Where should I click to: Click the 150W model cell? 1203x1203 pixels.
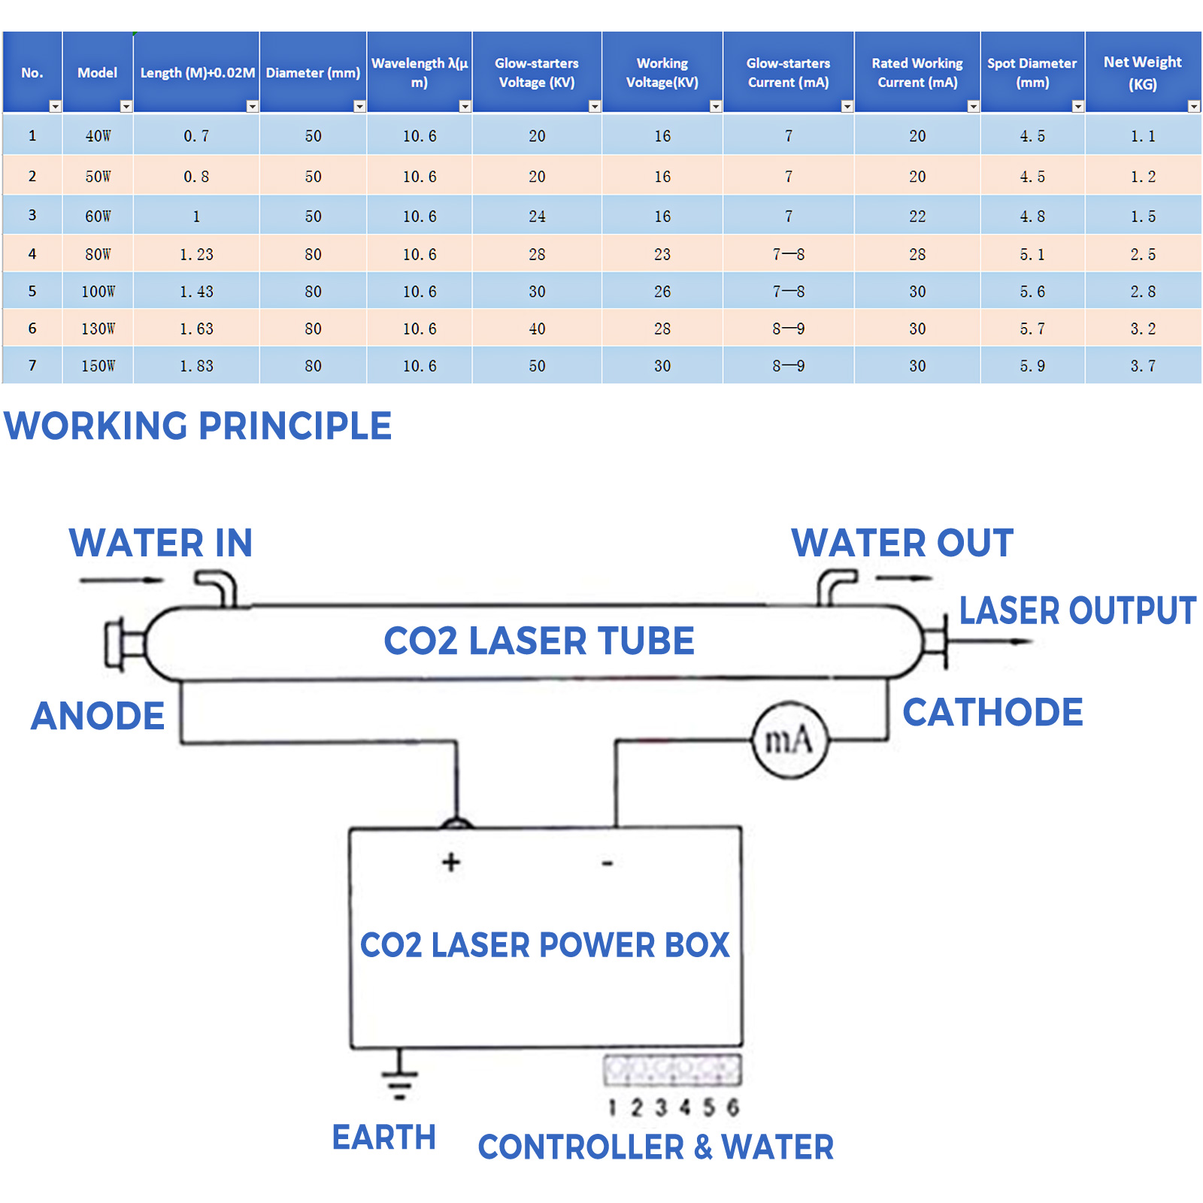[x=98, y=366]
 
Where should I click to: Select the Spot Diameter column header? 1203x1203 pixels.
[x=1032, y=73]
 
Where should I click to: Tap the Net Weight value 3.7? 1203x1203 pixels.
[x=1142, y=366]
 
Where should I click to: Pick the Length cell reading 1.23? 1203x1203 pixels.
[x=196, y=255]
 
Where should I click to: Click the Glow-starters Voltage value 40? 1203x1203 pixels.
[x=537, y=329]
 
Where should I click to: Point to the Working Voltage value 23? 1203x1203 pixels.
[x=662, y=255]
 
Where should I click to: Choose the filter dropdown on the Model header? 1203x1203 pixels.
[x=126, y=107]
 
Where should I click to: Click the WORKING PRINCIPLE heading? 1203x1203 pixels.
[x=198, y=426]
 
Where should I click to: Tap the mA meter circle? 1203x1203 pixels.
[x=789, y=741]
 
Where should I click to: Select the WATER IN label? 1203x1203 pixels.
[x=161, y=543]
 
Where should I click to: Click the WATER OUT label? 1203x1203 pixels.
[x=902, y=543]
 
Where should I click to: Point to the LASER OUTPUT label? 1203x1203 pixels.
[x=1077, y=611]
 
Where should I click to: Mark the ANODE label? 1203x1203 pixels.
[x=98, y=716]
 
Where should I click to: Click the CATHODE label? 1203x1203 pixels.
[x=992, y=713]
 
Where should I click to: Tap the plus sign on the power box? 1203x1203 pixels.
[x=451, y=862]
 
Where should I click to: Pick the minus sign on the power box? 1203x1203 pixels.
[x=608, y=863]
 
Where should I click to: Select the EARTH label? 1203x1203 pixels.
[x=383, y=1138]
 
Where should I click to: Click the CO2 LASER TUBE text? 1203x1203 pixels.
[x=539, y=641]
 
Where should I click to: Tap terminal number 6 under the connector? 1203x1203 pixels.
[x=732, y=1107]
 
